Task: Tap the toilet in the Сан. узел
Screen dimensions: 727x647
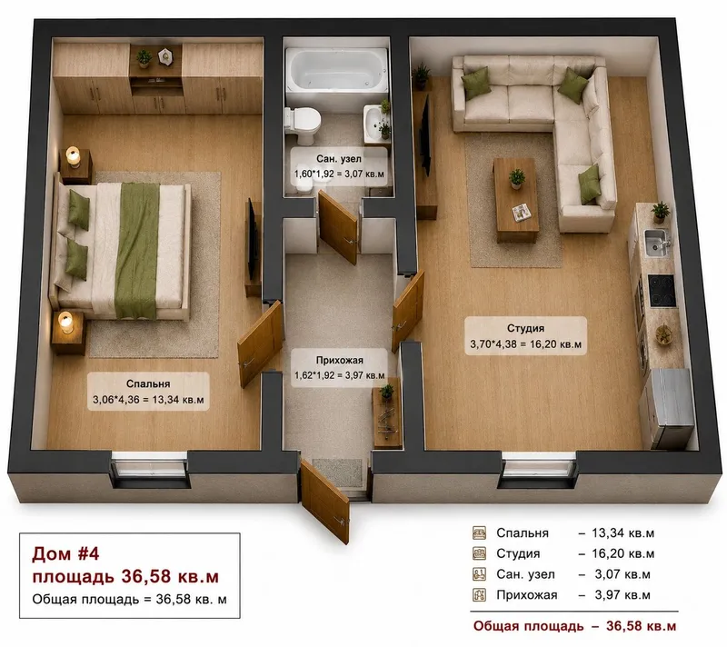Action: (303, 124)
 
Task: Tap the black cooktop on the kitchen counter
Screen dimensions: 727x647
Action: (662, 291)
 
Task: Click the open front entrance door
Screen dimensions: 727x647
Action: (324, 501)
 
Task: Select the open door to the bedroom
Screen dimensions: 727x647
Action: (261, 343)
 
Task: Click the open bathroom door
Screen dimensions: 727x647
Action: (338, 227)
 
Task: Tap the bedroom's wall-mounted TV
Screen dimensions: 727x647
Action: (252, 240)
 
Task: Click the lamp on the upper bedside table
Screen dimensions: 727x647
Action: (74, 156)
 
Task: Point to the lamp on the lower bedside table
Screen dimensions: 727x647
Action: (65, 322)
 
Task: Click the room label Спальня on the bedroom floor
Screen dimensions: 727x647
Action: (148, 383)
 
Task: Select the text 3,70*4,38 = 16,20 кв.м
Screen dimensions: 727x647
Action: (525, 344)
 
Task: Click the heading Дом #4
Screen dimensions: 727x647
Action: (65, 553)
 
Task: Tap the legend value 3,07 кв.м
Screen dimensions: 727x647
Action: (622, 574)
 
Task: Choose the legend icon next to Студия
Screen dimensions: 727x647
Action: (479, 553)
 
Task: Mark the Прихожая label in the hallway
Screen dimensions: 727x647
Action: (339, 360)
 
